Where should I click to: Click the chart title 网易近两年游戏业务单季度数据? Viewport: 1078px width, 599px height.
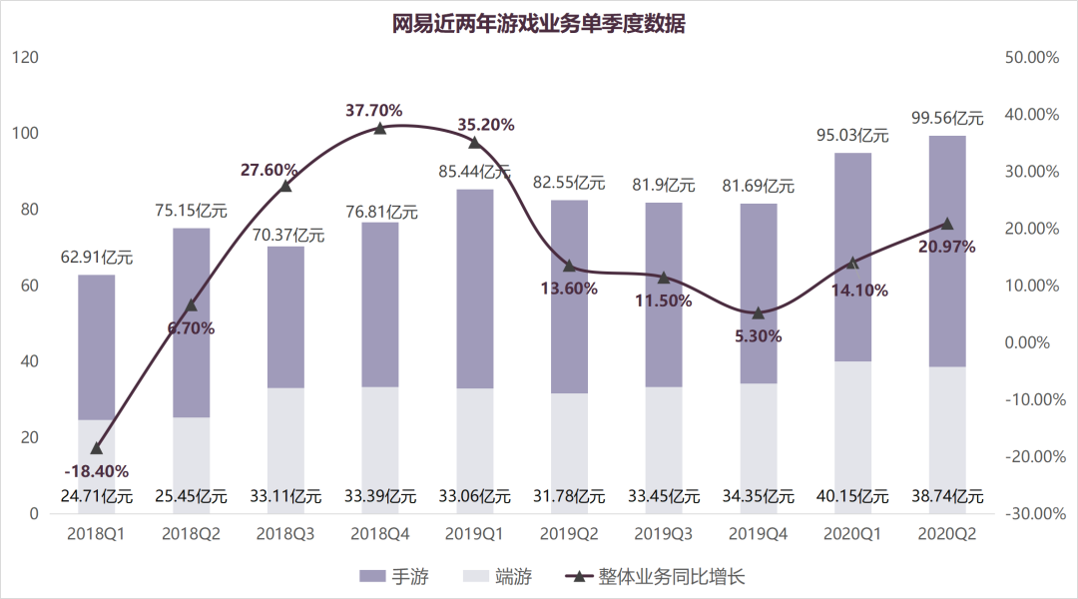[x=538, y=24]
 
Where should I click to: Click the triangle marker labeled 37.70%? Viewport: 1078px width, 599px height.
[x=380, y=128]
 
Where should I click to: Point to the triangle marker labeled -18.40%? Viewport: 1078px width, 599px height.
[x=97, y=448]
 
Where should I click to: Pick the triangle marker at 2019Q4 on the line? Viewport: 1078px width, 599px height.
[x=758, y=313]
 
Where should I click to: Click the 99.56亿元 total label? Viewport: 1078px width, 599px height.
[x=947, y=118]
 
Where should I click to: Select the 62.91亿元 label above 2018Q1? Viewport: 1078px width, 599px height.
[x=97, y=257]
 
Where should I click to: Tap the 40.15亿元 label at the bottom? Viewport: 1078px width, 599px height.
[x=852, y=495]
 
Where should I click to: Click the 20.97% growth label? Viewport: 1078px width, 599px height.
[x=947, y=246]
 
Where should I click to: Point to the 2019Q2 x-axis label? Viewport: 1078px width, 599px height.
[x=569, y=534]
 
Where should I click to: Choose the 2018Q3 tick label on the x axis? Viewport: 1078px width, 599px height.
[x=285, y=534]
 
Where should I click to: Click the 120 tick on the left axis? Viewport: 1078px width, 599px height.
[x=26, y=58]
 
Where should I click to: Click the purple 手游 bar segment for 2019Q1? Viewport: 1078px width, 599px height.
[x=474, y=289]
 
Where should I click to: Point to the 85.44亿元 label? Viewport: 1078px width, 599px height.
[x=474, y=172]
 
